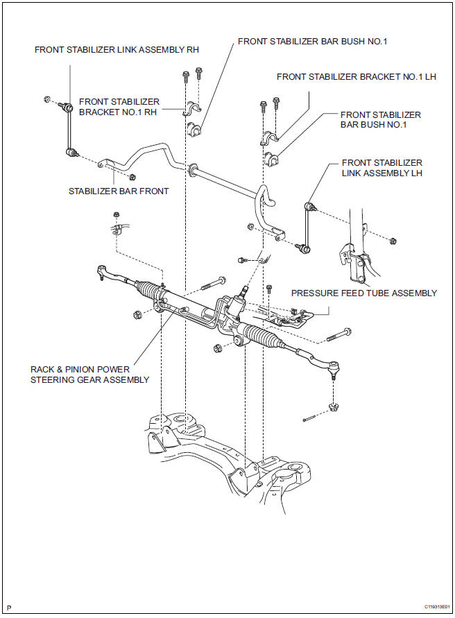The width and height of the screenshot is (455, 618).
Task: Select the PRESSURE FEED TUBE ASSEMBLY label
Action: (x=364, y=293)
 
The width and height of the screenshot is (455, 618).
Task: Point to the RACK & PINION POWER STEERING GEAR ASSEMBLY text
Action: (x=89, y=375)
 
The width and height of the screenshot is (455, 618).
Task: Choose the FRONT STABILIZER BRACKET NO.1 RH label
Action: (x=119, y=108)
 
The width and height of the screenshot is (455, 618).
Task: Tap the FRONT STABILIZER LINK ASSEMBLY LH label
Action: (x=382, y=168)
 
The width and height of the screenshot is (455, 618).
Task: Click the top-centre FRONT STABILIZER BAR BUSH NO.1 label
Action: (x=312, y=41)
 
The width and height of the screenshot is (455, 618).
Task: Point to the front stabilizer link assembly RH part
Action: (x=70, y=129)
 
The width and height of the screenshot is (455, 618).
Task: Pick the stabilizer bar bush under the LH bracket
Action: (x=271, y=158)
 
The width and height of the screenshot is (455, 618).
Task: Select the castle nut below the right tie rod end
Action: (x=334, y=406)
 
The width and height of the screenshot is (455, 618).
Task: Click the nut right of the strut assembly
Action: (x=393, y=242)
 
